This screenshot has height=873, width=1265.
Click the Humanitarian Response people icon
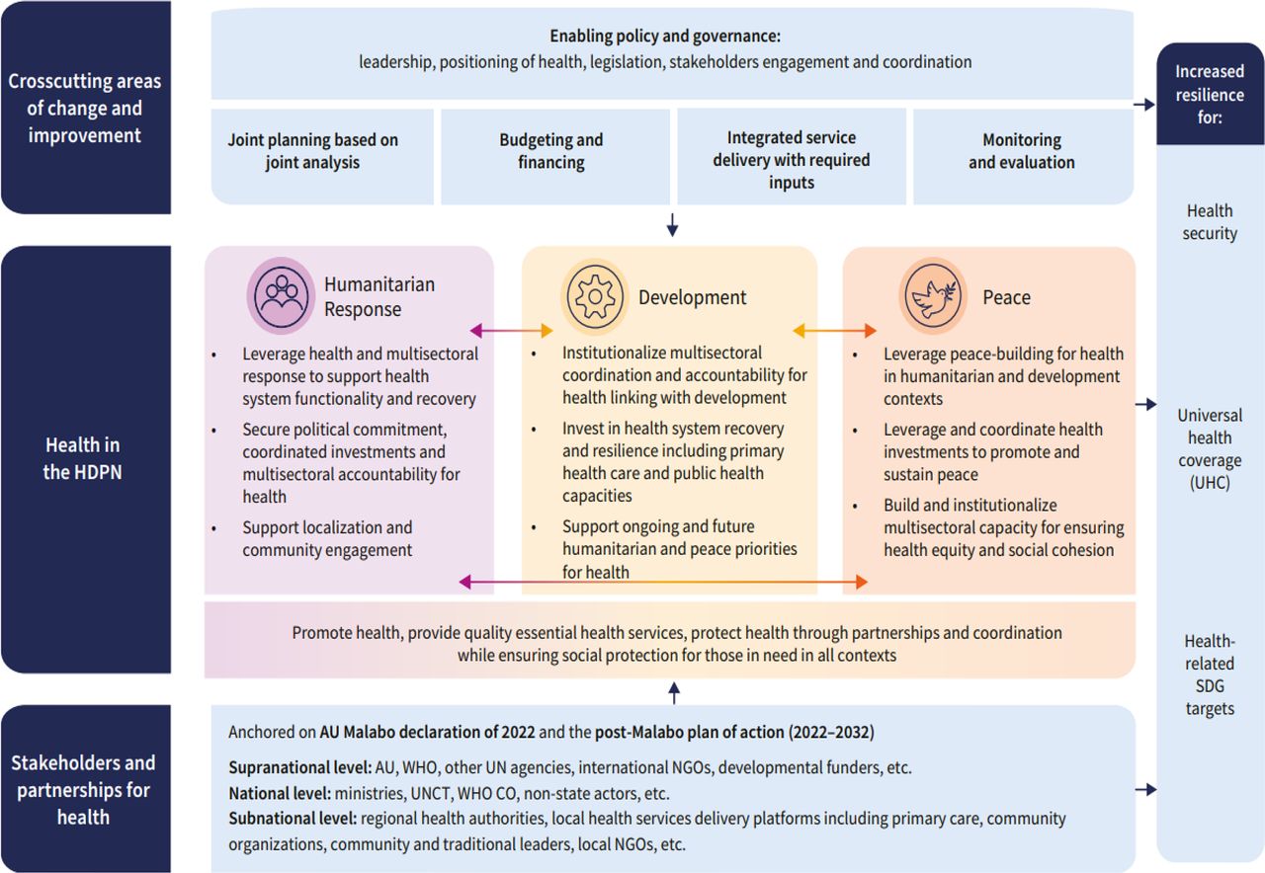(280, 294)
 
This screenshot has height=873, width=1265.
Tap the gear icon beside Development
(595, 297)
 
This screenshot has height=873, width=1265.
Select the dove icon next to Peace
(932, 296)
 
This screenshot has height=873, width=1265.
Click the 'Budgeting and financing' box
(551, 152)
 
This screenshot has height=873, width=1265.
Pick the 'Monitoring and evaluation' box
(1021, 152)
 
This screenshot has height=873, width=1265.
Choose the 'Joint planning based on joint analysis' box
(312, 151)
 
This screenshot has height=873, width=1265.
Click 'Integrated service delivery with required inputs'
(791, 159)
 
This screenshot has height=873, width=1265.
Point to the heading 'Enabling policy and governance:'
(665, 36)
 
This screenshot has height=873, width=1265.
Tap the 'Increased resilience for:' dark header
(1210, 94)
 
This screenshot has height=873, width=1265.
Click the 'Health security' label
(1210, 222)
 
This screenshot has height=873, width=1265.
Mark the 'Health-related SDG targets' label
(1210, 675)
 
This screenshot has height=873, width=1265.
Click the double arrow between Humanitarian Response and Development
(512, 331)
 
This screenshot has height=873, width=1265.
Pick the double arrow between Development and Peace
(834, 331)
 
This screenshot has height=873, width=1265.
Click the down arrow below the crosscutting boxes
(672, 226)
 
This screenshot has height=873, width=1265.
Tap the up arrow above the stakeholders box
(674, 691)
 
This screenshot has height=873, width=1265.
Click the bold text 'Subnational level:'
(293, 819)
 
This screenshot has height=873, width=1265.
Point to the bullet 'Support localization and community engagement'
(327, 539)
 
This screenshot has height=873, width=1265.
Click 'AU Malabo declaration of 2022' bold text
(427, 733)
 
